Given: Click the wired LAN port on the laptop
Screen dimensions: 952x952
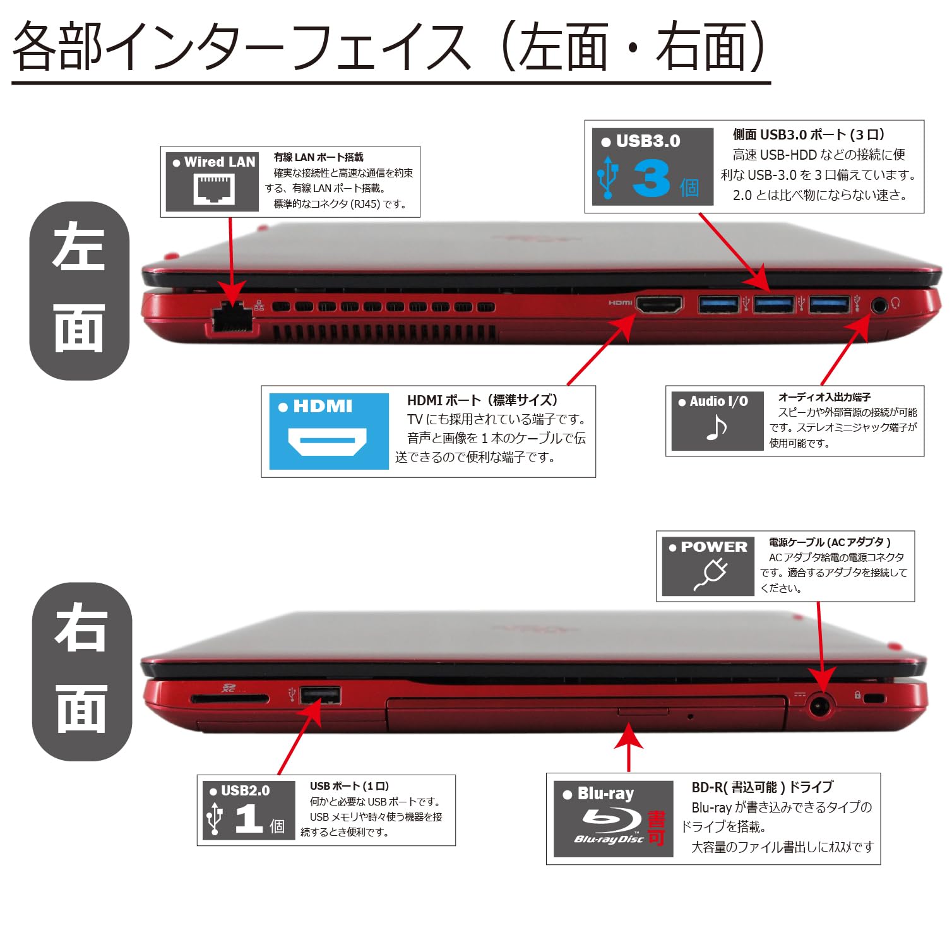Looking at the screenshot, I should coord(232,319).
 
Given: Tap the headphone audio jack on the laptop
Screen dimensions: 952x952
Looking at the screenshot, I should coord(879,305).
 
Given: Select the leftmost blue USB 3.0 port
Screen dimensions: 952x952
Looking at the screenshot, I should coord(718,304).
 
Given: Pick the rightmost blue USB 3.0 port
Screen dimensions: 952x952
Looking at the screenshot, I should coord(830,304).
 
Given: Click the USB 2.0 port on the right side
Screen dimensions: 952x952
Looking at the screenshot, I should coord(320,695).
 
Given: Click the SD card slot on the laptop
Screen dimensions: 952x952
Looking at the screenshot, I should coord(230,699).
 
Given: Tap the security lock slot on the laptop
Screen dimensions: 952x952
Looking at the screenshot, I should coord(874,698).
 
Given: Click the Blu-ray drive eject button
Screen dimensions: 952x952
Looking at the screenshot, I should coord(643,711).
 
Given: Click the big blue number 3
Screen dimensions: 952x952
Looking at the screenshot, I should coord(651,179).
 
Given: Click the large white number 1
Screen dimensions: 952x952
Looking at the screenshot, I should coord(249,819).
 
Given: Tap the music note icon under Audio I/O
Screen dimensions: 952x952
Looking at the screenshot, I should coord(716,428).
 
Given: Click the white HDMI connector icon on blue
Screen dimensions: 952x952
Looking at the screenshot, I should coord(327,441).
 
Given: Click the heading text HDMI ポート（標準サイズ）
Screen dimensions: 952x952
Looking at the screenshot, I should coord(483,400).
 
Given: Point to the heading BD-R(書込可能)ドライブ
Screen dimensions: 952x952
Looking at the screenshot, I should coord(762,787).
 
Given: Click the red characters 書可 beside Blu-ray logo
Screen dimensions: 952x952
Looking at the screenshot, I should coord(657,829).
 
